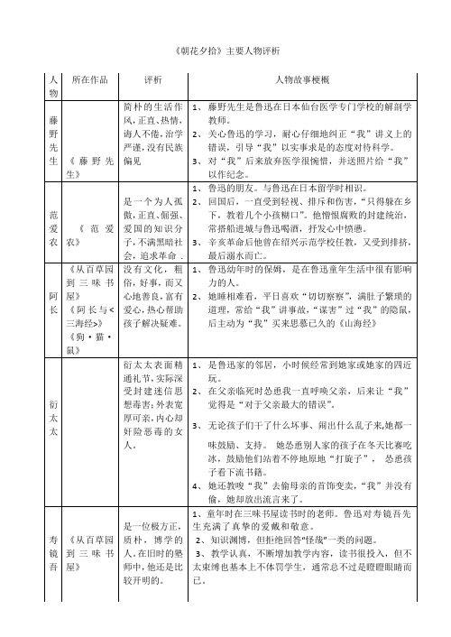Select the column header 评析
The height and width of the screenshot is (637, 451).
click(152, 79)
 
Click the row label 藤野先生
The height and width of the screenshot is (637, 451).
click(53, 140)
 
